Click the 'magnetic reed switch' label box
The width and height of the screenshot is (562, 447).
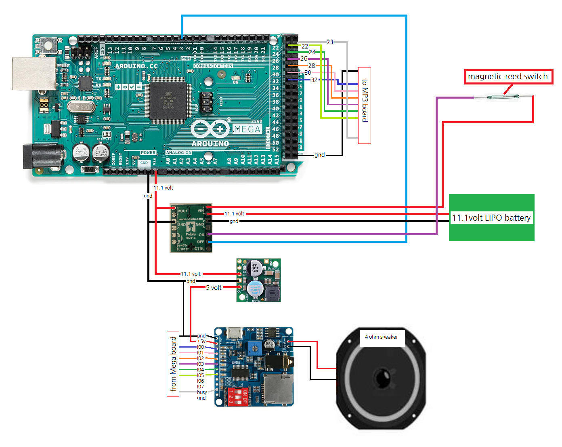click(508, 76)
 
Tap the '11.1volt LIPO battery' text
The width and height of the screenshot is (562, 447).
click(491, 218)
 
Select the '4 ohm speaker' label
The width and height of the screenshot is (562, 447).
click(382, 337)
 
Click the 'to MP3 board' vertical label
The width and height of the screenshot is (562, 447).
click(365, 101)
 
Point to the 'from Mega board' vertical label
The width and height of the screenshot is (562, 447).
click(173, 364)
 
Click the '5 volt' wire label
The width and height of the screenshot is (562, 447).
click(214, 288)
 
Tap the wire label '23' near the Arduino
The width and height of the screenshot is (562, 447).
click(330, 42)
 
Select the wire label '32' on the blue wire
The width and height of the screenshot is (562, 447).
click(314, 80)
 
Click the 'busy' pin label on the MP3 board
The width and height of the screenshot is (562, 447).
click(202, 392)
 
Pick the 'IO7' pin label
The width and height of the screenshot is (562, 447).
click(200, 387)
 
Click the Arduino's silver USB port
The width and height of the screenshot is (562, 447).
click(34, 74)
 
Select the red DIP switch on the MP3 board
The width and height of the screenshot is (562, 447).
click(238, 396)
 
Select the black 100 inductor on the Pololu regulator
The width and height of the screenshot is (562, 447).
click(272, 293)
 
